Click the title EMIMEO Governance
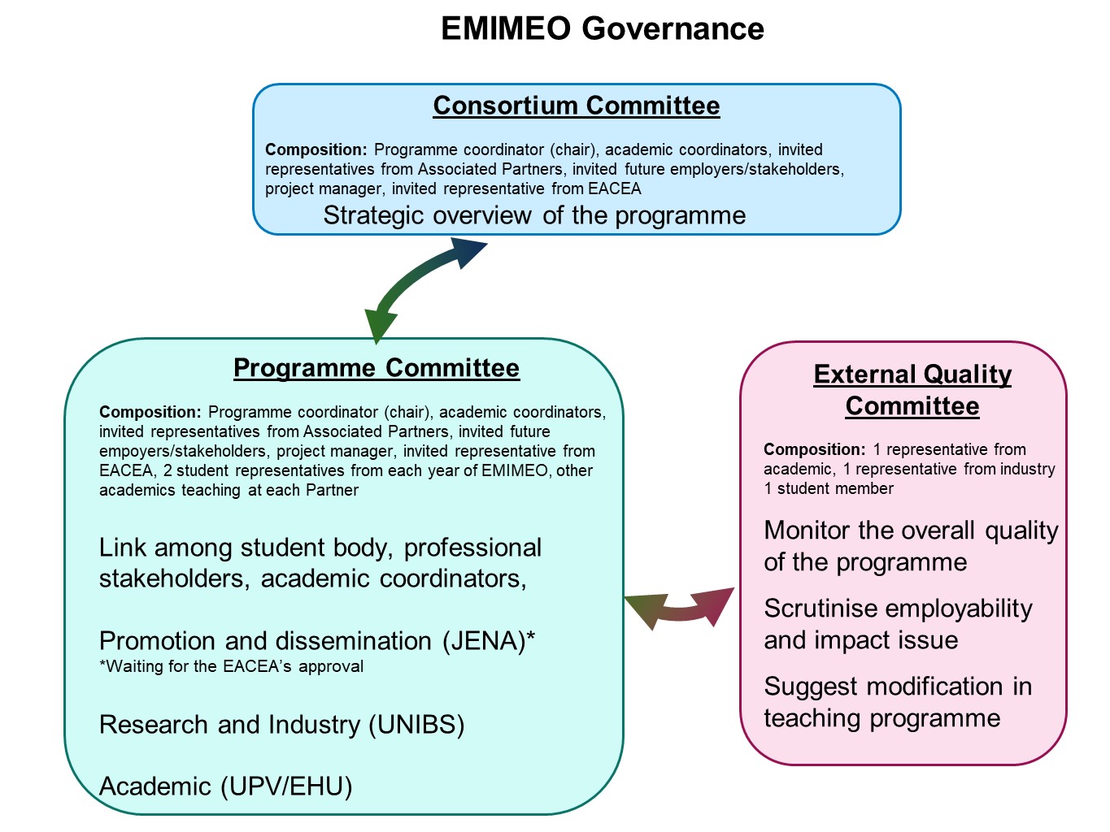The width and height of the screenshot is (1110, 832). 602,28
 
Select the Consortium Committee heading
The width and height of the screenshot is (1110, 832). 576,106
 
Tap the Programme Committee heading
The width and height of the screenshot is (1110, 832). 377,368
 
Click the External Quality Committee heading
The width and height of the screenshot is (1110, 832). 912,390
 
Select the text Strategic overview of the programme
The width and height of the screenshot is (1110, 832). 534,215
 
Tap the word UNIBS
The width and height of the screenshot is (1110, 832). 416,725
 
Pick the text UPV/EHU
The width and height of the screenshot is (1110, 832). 286,786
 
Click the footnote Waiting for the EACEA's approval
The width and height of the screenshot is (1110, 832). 232,667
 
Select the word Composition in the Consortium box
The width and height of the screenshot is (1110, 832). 316,150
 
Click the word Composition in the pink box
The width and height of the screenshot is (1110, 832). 815,449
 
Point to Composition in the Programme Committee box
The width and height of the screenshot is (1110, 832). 150,412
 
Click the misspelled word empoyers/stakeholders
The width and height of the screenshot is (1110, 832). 182,451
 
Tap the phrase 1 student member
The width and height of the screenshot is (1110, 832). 829,489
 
